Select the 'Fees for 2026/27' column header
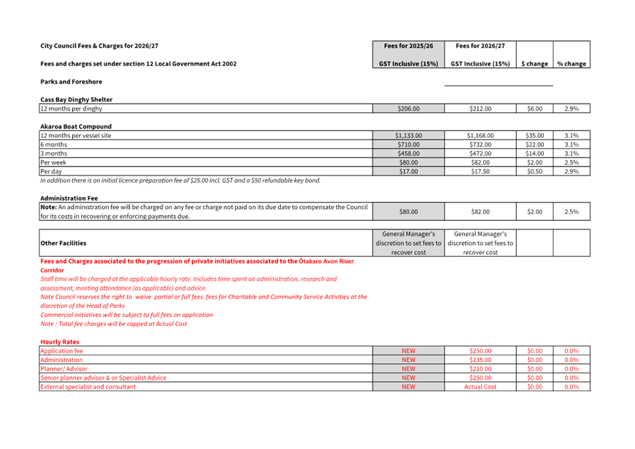480,46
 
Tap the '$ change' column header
534,64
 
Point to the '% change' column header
571,64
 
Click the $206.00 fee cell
408,108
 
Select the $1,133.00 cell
408,135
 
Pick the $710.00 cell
408,145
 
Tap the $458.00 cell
408,154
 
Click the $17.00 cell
408,171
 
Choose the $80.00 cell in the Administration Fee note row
408,212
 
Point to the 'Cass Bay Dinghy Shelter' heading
76,99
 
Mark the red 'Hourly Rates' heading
60,342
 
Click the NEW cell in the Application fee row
408,351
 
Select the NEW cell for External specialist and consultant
408,387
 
